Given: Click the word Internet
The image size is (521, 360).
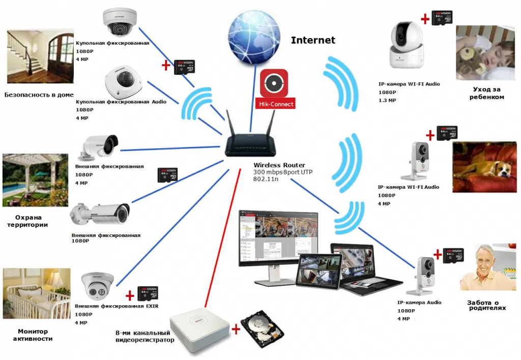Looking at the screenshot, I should point(313,40).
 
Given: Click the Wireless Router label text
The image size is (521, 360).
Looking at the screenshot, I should point(279,165).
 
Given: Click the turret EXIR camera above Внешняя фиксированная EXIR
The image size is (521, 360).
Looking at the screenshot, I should point(97,286).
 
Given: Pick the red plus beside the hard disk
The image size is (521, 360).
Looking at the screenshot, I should point(236,329).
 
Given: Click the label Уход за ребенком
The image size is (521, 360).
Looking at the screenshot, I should point(486,93).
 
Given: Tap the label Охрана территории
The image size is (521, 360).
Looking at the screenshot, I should point(32,221).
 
